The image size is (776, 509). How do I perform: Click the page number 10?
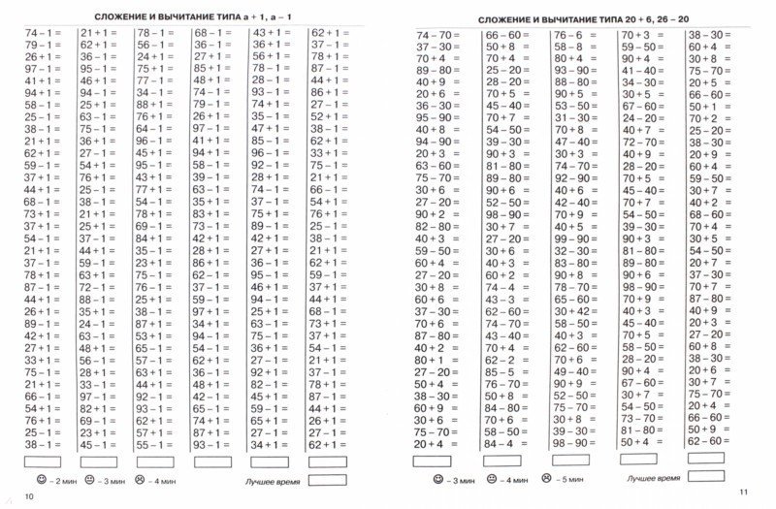tap(29, 497)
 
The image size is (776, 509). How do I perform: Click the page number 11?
tap(743, 496)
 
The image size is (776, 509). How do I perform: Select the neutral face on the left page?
tap(89, 480)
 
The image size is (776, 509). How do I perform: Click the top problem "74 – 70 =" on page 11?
tap(434, 35)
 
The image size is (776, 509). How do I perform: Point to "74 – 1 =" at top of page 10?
tap(42, 32)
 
